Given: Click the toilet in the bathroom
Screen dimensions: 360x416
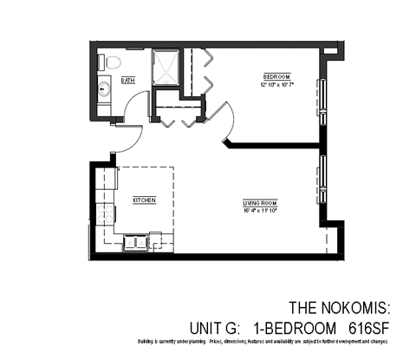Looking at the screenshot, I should point(109,62).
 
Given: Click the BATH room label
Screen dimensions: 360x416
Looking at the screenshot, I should point(128,81).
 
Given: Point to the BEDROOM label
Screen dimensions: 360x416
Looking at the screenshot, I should point(276,75).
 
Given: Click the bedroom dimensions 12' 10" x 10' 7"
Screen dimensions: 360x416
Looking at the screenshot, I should point(276,84).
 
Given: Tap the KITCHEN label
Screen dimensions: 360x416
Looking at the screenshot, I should point(144,200).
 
